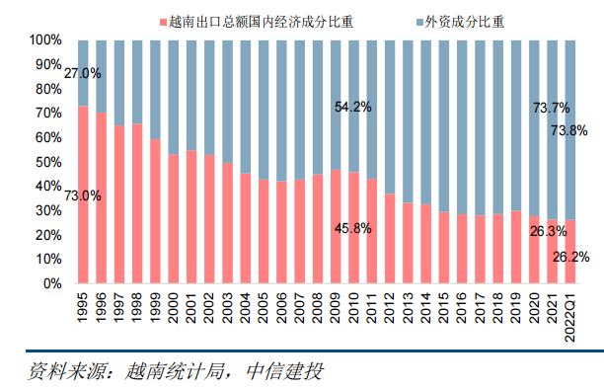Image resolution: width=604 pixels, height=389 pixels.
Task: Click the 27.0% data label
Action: (x=83, y=73)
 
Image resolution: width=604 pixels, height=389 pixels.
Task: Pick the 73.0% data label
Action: (x=83, y=195)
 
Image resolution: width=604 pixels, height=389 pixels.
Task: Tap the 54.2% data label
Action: (x=352, y=107)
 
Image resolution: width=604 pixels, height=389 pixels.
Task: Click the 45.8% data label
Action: (x=352, y=229)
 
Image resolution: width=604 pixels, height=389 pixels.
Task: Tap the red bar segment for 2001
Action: (x=191, y=217)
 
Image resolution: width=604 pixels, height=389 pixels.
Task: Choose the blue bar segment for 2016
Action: (x=462, y=127)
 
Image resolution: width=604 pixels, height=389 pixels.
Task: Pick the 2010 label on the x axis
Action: (x=353, y=307)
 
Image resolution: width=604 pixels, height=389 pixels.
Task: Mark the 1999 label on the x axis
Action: (x=155, y=307)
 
